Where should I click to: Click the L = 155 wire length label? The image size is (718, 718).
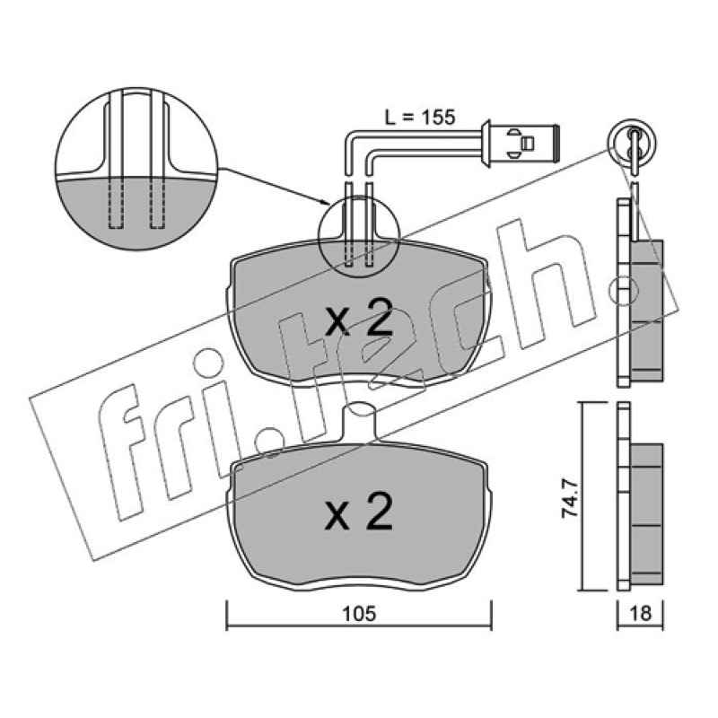tap(419, 118)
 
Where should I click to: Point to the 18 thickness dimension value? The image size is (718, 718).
tap(640, 613)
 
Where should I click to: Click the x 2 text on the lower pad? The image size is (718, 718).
tap(358, 512)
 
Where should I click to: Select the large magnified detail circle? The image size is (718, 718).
tap(136, 169)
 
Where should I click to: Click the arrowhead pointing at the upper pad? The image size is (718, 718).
tap(324, 202)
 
